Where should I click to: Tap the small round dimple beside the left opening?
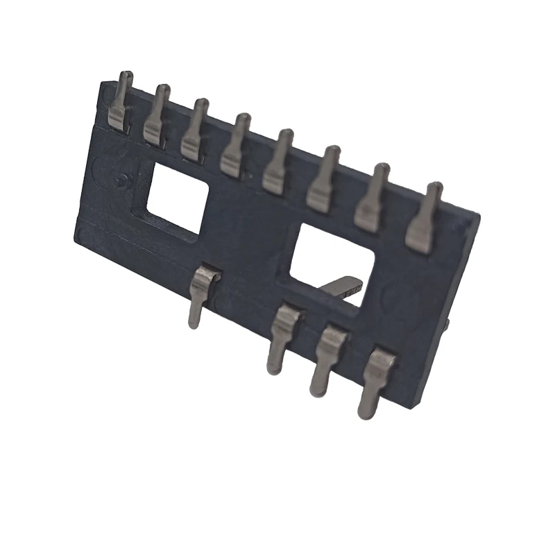pos(121,182)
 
